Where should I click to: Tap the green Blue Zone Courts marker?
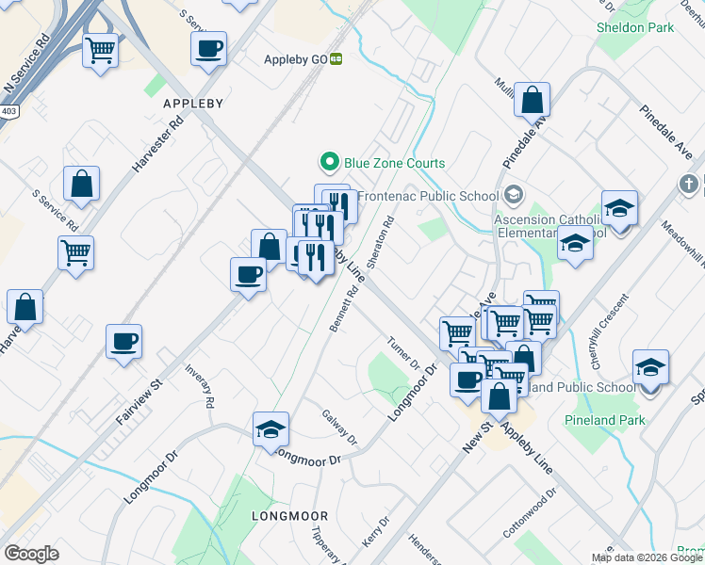[x=330, y=163]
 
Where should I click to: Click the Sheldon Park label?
[x=635, y=27]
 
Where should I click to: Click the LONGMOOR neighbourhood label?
[x=289, y=516]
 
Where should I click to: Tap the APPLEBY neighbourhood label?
[x=192, y=103]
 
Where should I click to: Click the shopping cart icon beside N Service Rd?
[x=100, y=49]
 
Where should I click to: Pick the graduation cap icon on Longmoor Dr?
[x=271, y=429]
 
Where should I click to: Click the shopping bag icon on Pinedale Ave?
[x=533, y=99]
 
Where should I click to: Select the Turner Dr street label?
[x=403, y=352]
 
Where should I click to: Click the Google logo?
[x=31, y=554]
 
